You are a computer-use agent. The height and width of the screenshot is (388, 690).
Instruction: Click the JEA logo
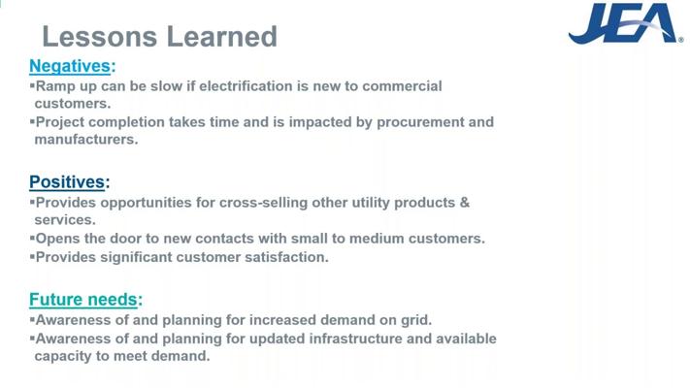(625, 23)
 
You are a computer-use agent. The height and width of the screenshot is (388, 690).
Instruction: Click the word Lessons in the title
(100, 37)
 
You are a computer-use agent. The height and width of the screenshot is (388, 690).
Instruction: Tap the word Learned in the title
(222, 37)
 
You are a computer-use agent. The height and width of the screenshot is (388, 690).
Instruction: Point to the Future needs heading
(85, 300)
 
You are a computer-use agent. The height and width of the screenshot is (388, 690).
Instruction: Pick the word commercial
(402, 85)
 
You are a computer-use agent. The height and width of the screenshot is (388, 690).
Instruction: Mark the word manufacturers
(86, 139)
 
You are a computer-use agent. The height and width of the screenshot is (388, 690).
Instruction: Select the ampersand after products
(465, 203)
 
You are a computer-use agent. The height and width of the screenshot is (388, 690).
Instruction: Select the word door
(126, 239)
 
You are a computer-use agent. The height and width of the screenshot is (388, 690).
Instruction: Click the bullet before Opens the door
(32, 238)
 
